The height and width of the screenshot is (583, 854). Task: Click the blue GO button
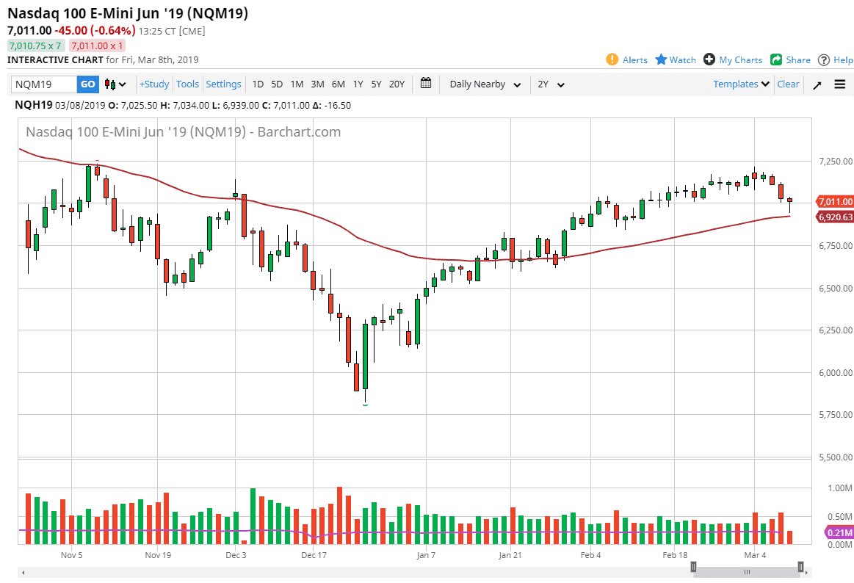point(87,84)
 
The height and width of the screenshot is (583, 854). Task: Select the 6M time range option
point(338,84)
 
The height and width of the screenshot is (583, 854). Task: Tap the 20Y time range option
point(397,84)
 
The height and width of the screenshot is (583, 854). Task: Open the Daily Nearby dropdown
point(485,84)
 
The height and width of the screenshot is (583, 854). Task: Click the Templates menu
point(741,84)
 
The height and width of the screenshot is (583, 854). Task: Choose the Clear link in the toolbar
point(788,84)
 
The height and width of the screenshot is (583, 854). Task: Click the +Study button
point(154,84)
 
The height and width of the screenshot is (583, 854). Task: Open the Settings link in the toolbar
point(223,84)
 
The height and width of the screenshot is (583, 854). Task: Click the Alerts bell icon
point(612,59)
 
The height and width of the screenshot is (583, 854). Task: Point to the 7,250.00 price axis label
point(834,161)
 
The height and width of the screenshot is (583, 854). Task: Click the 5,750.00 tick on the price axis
point(834,415)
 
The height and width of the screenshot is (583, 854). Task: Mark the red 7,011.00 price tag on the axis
point(834,202)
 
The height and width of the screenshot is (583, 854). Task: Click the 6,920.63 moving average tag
point(834,217)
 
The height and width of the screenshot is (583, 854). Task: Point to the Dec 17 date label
point(314,555)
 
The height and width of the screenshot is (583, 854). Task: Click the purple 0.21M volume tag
point(839,532)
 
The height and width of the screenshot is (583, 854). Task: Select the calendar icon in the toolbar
point(426,84)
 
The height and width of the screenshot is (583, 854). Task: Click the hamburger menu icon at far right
point(840,84)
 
